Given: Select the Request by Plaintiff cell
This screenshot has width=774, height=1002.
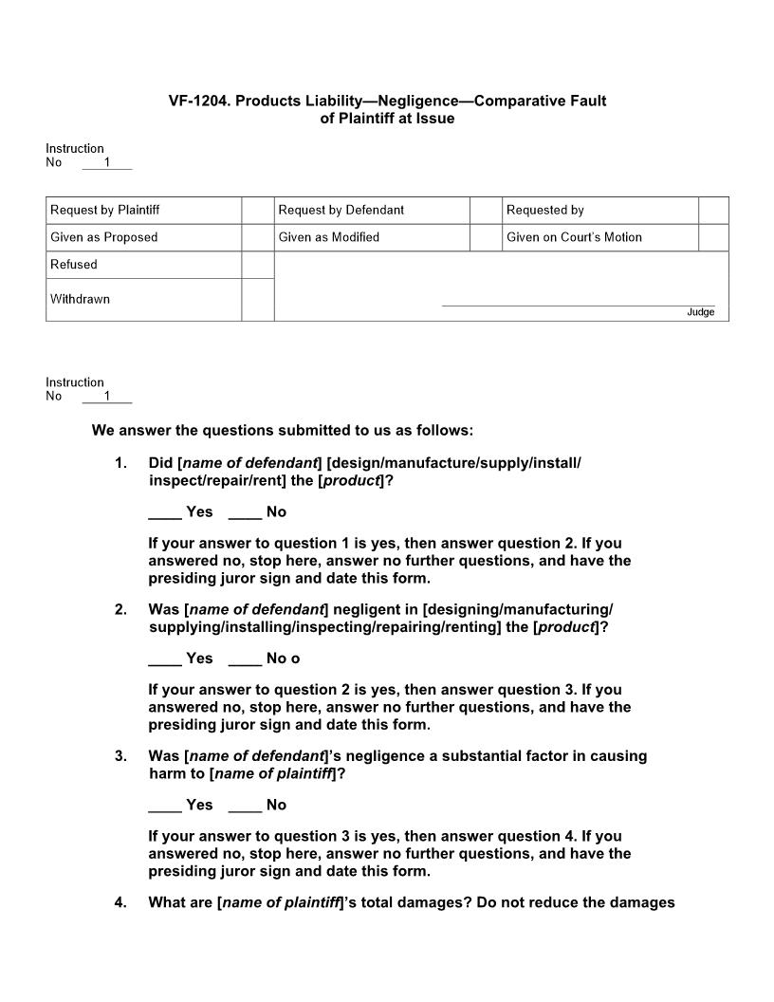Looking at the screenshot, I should point(104,210).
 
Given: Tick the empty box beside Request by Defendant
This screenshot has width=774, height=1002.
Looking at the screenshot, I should point(485,210).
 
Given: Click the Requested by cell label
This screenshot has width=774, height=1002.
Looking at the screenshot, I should point(544,210).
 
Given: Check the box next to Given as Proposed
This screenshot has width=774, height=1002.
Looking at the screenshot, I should point(257,237).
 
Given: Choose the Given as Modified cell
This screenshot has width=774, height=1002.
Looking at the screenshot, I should point(328,237).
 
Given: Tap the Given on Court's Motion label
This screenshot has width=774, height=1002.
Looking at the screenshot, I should point(574,237).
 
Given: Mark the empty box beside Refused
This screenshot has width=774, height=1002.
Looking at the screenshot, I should point(257,265).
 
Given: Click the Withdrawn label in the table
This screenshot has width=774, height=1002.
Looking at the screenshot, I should point(80,299).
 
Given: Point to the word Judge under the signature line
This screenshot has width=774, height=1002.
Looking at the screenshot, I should point(700,312).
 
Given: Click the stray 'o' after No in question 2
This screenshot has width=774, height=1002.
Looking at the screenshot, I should point(295,659).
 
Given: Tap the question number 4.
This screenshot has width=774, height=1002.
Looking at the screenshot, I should point(120,902).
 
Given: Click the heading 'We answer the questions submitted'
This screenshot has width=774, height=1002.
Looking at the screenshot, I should point(282,430).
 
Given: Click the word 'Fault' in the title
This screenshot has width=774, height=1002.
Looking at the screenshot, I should point(586,101).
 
